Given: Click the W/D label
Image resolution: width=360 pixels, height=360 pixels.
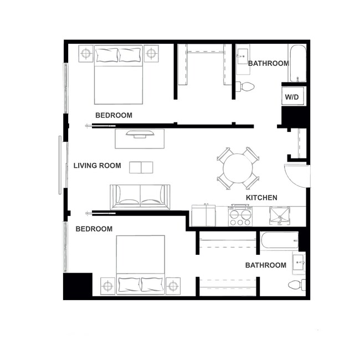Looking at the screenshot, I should click(292, 97).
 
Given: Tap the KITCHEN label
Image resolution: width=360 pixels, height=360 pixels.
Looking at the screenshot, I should click(261, 197).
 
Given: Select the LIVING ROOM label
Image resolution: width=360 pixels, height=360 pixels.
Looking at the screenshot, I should click(97, 166).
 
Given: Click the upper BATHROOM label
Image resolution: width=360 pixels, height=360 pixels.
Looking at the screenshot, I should click(268, 63).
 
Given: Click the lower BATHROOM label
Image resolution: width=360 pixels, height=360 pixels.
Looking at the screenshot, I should click(266, 265).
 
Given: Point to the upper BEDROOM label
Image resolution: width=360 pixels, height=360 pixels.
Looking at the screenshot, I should click(114, 115).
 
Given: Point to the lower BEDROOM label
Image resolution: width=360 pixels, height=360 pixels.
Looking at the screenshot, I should click(94, 229).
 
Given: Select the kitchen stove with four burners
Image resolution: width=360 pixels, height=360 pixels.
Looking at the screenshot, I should click(240, 215).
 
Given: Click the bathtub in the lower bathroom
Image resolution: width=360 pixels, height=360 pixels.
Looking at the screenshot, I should click(279, 241).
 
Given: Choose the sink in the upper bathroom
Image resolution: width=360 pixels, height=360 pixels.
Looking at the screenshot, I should click(243, 56).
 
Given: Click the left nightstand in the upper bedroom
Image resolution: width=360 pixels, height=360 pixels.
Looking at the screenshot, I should click(86, 53).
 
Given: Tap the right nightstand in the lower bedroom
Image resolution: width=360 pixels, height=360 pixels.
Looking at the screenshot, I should click(173, 286).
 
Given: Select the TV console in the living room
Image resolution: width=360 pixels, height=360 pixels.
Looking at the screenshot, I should click(140, 138).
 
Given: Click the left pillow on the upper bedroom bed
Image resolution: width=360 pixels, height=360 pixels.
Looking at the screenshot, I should click(107, 54).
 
